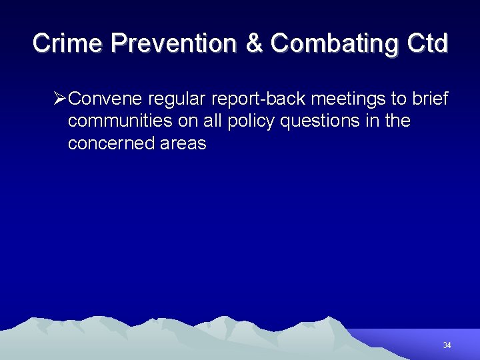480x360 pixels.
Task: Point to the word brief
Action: point(431,99)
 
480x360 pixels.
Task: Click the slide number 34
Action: point(447,345)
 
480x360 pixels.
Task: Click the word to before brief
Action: point(398,99)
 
